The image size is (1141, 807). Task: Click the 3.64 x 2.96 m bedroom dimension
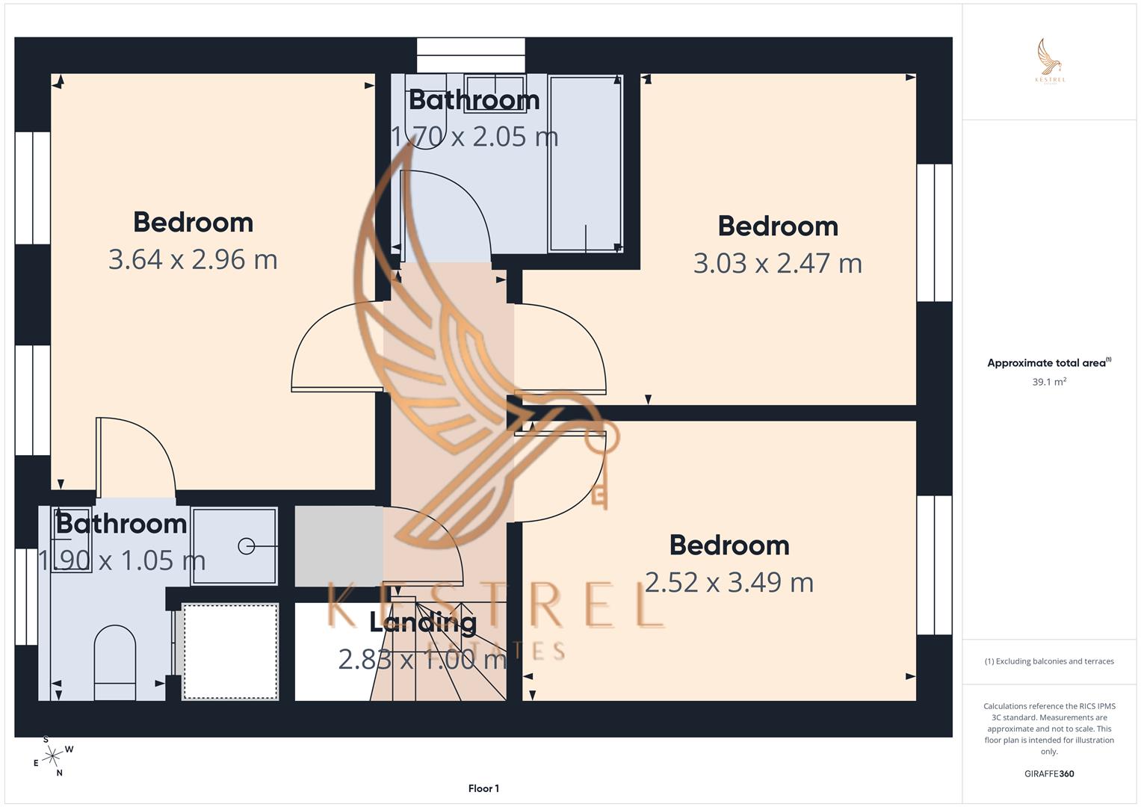click(x=193, y=259)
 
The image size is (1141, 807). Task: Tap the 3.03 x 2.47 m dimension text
click(x=777, y=263)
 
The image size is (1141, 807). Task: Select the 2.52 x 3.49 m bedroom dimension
click(x=729, y=582)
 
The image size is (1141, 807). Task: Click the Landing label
click(x=423, y=622)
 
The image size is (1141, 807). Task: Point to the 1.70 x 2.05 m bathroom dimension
click(x=474, y=136)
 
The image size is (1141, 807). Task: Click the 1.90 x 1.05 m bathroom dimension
click(x=122, y=560)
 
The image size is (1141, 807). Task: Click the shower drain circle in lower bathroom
click(x=246, y=546)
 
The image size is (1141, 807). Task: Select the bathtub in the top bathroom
click(x=585, y=163)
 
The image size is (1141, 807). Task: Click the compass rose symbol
click(x=52, y=757)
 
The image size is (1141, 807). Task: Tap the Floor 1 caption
click(x=483, y=788)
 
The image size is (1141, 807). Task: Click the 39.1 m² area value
click(x=1049, y=382)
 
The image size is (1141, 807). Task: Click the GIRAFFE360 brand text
click(x=1049, y=773)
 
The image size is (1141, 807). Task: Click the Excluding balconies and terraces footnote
click(x=1049, y=661)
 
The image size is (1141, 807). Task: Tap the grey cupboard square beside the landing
click(x=338, y=545)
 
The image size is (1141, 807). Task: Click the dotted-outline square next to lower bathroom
click(x=230, y=652)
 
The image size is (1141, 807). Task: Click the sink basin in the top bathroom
click(x=495, y=93)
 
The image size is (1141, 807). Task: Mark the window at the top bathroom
click(x=471, y=55)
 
